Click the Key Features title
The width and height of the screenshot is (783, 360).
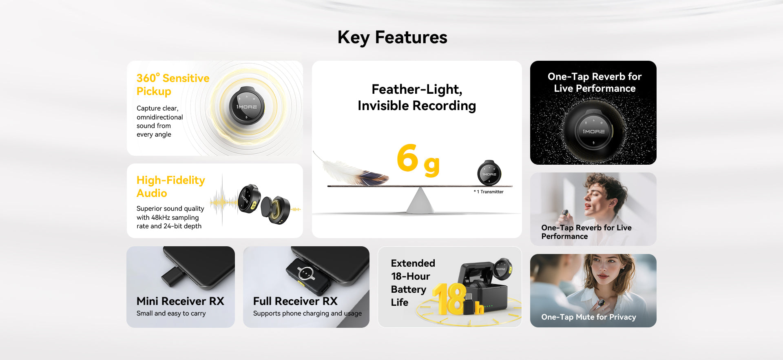392,38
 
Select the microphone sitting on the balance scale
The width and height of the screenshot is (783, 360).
489,173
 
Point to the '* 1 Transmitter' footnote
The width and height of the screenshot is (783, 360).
489,192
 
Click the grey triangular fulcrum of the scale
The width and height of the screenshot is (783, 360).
420,200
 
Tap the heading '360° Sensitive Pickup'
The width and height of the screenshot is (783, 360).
173,84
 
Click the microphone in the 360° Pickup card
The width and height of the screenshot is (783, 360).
246,106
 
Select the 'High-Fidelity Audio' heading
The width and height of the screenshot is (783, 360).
170,186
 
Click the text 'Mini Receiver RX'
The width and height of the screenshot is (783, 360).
180,301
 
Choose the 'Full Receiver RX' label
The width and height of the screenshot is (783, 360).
295,301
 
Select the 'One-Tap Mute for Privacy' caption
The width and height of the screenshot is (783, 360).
588,317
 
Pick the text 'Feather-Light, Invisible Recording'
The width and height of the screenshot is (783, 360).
417,97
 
